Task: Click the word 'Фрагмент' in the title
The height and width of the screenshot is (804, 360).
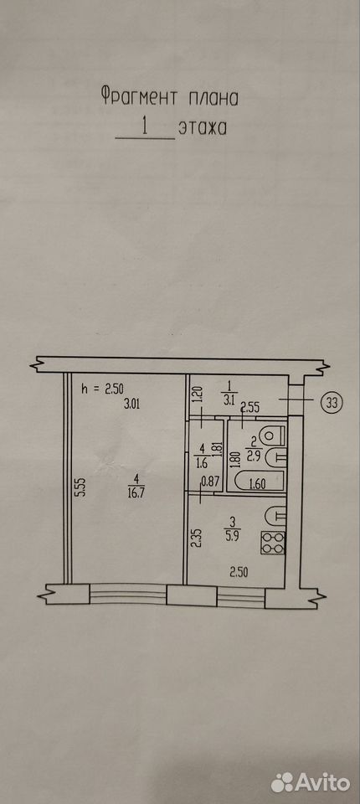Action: pos(140,97)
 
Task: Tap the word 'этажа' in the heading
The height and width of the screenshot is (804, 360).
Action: pos(202,128)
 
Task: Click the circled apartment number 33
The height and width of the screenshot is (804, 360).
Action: pos(332,403)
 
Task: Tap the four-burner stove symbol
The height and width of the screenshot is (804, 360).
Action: pos(273,543)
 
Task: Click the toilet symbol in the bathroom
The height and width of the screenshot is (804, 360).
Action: pos(272,435)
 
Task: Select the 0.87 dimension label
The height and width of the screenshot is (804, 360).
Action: pos(210,482)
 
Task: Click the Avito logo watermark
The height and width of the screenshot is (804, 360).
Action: pos(311,782)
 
